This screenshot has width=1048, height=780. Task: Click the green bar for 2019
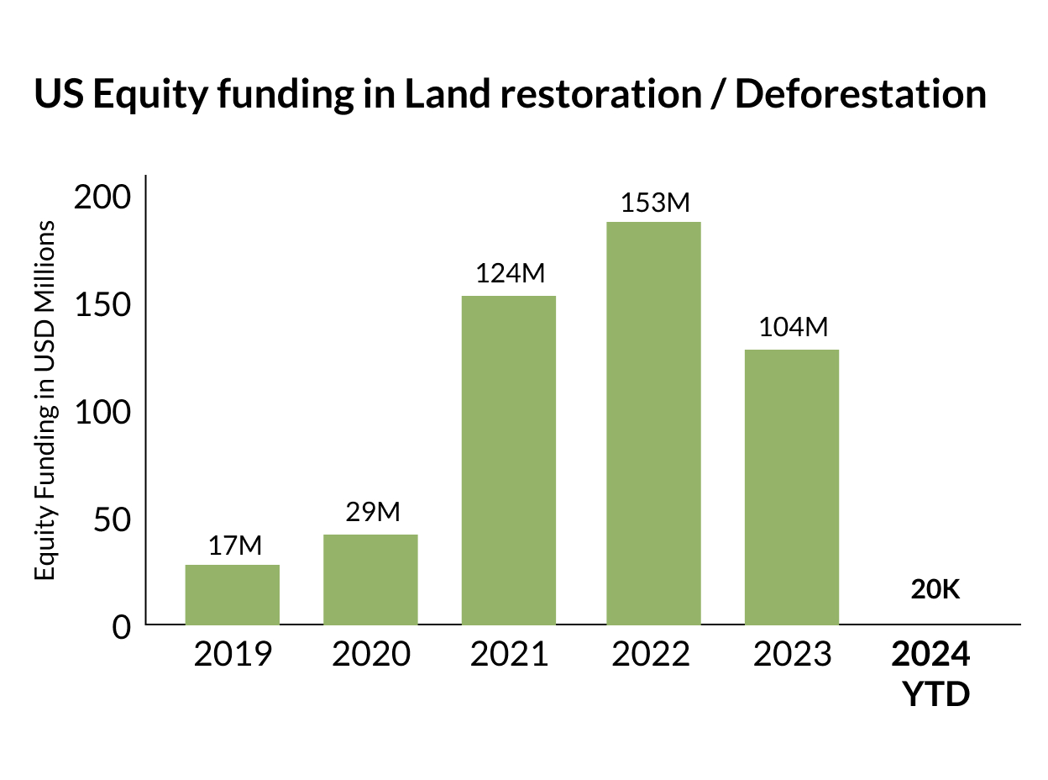233,594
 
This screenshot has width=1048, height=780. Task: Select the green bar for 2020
370,579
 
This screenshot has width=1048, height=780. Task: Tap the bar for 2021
509,460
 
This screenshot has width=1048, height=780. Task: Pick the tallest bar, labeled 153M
654,423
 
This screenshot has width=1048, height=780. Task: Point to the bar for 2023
792,487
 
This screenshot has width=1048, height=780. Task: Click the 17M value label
235,545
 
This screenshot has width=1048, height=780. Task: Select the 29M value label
373,513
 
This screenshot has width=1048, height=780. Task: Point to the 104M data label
794,328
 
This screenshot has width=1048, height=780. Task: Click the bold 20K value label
935,590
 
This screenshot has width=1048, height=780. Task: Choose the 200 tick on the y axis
102,198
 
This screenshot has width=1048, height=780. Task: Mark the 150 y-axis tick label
102,305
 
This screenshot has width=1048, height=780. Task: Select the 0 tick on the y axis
123,627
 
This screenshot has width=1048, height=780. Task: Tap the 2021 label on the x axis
509,654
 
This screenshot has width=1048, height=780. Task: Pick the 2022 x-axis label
651,654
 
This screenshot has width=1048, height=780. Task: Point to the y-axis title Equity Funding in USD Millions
47,400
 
